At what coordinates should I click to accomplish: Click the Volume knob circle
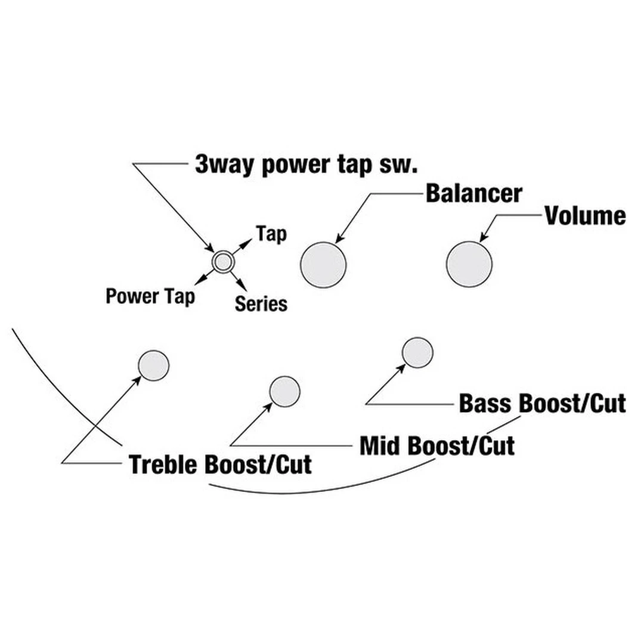pyautogui.click(x=469, y=264)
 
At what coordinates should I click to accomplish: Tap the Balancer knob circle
pyautogui.click(x=323, y=264)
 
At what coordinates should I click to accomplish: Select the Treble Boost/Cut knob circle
pyautogui.click(x=154, y=365)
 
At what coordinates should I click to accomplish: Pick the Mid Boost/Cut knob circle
pyautogui.click(x=284, y=391)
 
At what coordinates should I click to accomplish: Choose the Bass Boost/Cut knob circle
pyautogui.click(x=417, y=352)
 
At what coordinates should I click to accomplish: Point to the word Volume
pyautogui.click(x=585, y=216)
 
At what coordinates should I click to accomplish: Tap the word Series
pyautogui.click(x=261, y=304)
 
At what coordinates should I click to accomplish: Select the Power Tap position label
pyautogui.click(x=150, y=296)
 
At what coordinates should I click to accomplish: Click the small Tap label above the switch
pyautogui.click(x=271, y=234)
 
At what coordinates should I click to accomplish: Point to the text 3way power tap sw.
pyautogui.click(x=304, y=164)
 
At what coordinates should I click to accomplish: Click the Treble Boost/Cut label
pyautogui.click(x=220, y=465)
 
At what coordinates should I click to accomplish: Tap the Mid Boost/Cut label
pyautogui.click(x=436, y=445)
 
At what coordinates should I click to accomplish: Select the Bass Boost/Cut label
pyautogui.click(x=542, y=404)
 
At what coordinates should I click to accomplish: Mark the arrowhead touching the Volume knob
pyautogui.click(x=484, y=238)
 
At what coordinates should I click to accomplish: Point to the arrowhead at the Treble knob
pyautogui.click(x=137, y=380)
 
